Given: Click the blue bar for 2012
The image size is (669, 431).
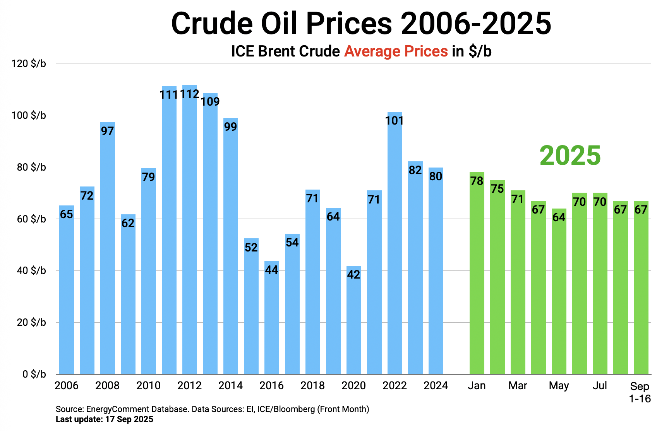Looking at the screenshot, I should pos(190,232).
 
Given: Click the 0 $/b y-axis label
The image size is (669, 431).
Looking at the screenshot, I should pos(34,374).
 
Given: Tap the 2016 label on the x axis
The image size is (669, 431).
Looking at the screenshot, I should pos(271,386).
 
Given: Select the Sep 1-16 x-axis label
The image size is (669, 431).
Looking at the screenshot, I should pos(640,392).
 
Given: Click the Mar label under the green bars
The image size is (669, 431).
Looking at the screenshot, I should pos(518,386).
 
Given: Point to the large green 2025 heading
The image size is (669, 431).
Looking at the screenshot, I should pos(570,156).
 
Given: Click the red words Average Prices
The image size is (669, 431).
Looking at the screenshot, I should pos(396,51).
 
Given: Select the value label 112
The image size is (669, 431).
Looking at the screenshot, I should pos(190,94).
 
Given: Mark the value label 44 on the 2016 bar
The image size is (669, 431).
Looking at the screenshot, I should pos(271,270).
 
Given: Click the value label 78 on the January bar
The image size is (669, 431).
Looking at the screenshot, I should pos(477,181).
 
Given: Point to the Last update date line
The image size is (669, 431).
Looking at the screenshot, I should pos(105,419).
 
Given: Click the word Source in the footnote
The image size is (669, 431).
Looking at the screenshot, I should pos(69,409).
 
